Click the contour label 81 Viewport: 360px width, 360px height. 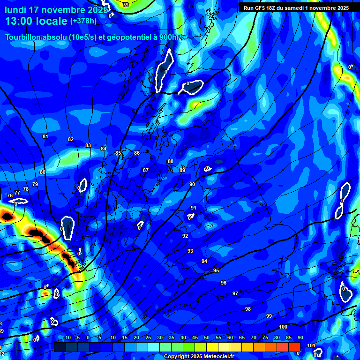click(x=45, y=136)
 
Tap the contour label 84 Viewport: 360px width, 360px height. click(x=104, y=149)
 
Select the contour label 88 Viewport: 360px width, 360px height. click(x=170, y=161)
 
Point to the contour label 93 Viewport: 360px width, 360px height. click(x=190, y=251)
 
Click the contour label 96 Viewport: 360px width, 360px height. click(x=223, y=283)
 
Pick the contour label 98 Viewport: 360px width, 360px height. click(x=247, y=309)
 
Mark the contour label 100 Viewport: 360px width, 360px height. click(x=283, y=327)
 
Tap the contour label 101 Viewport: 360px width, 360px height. click(x=311, y=345)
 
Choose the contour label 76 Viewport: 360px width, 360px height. click(x=10, y=195)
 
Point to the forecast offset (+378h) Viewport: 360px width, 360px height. click(x=83, y=21)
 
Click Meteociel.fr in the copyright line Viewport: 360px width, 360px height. click(x=215, y=357)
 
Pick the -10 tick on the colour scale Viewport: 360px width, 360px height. click(x=67, y=337)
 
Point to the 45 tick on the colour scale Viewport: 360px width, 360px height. click(x=195, y=337)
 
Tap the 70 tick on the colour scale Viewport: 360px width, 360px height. click(x=253, y=337)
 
